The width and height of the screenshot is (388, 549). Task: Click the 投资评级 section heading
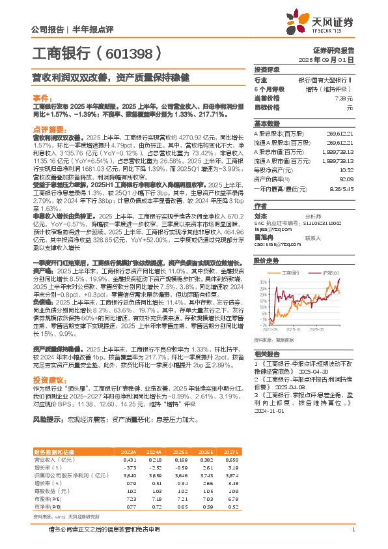click(x=266, y=70)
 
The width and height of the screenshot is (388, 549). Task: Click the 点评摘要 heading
click(x=49, y=129)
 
